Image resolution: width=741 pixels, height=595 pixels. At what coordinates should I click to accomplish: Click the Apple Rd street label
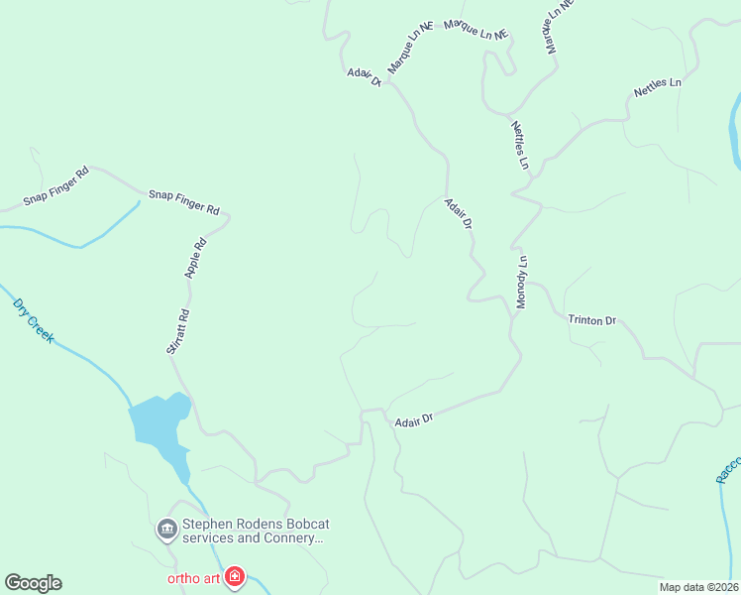(x=194, y=256)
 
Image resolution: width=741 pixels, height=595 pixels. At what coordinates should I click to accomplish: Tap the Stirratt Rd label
(x=177, y=332)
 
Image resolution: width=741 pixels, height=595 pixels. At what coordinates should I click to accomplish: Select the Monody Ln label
(x=522, y=283)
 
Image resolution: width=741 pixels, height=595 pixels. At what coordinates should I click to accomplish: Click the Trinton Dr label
(x=592, y=320)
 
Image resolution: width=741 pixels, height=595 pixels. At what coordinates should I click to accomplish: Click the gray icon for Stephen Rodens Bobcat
(x=166, y=531)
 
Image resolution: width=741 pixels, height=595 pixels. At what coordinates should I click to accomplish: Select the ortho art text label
(x=192, y=577)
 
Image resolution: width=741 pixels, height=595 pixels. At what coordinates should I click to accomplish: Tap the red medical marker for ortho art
(x=235, y=576)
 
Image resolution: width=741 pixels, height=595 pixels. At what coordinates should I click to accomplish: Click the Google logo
(x=33, y=583)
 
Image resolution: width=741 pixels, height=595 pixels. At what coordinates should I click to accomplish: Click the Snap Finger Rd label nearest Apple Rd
(x=183, y=202)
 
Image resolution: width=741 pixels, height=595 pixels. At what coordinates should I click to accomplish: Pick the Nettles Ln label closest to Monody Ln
(x=520, y=145)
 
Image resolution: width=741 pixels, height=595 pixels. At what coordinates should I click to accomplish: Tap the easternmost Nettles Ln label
(x=658, y=87)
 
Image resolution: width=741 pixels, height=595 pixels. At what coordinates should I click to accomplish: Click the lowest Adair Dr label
(x=414, y=420)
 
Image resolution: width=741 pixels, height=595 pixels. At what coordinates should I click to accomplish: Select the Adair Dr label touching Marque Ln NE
(x=364, y=76)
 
